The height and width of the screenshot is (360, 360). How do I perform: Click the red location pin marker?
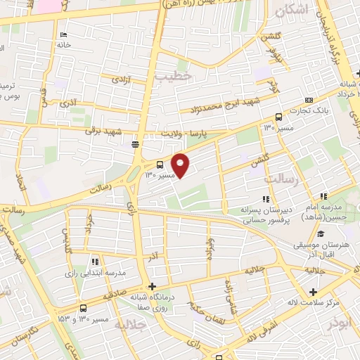181,165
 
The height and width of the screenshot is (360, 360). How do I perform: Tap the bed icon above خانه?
64,35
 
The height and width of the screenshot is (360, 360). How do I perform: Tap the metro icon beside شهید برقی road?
134,144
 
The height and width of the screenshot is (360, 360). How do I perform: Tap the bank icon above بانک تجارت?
309,101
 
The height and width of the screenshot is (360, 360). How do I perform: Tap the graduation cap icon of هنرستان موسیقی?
321,234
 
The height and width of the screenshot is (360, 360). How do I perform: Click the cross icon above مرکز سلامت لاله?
312,292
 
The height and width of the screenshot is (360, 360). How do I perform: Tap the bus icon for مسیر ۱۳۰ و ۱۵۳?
84,308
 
